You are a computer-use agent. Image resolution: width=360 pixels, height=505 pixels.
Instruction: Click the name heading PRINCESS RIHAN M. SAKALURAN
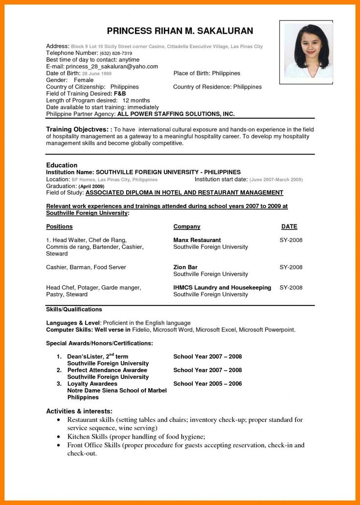coord(180,31)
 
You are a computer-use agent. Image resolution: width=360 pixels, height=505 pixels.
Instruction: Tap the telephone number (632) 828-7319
coord(116,53)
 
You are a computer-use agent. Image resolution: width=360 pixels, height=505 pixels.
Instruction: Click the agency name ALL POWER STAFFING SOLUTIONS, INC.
coord(176,114)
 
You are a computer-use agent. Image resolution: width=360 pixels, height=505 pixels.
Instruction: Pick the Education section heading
coord(62,165)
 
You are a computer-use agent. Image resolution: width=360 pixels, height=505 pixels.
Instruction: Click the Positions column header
coord(59,227)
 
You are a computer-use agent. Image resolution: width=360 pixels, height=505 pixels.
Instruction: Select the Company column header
coord(187,227)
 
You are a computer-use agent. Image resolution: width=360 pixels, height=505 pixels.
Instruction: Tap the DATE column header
coord(289,227)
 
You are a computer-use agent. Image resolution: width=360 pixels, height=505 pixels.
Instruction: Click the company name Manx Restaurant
coord(197,240)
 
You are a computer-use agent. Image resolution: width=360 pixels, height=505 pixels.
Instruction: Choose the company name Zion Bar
coord(185,267)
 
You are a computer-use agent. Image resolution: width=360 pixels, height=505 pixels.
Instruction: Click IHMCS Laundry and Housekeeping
coord(222,287)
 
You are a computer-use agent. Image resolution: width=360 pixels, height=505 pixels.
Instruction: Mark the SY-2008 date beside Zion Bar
coord(291,267)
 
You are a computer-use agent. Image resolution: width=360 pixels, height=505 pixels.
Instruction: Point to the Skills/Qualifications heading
coord(74,309)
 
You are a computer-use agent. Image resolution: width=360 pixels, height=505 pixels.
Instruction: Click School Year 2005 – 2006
coord(207,384)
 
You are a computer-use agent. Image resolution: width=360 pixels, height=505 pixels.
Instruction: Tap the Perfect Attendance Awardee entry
coord(107,370)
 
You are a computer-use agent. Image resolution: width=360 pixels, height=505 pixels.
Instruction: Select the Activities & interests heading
coord(79,411)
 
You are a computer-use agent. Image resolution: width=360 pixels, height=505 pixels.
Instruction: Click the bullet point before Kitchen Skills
coord(59,436)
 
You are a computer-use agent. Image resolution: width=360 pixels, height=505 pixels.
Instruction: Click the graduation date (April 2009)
coord(91,186)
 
